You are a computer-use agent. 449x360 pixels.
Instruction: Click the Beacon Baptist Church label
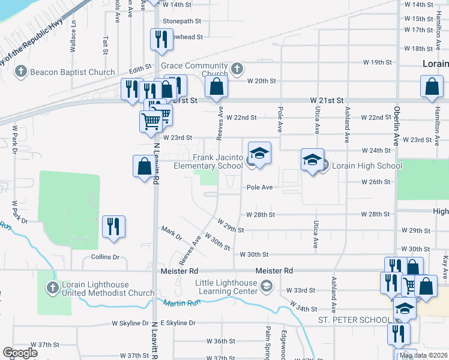pos(72,73)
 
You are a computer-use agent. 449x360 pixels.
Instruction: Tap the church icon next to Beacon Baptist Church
pos(20,73)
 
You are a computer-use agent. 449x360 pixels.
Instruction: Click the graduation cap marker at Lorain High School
pos(312,160)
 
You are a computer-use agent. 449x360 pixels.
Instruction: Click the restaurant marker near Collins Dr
pos(113,227)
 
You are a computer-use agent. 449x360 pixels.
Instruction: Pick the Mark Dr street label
pos(172,232)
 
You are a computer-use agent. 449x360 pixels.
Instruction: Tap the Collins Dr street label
pos(105,257)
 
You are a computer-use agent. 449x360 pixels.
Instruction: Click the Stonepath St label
pos(182,20)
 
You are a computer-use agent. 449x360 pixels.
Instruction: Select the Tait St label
pos(105,43)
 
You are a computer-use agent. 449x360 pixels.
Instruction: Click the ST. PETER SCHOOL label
pos(354,319)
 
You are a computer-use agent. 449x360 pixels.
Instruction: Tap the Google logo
pos(20,352)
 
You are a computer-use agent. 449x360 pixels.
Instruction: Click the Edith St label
pos(137,70)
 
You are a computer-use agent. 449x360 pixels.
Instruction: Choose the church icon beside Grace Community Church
pos(237,68)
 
